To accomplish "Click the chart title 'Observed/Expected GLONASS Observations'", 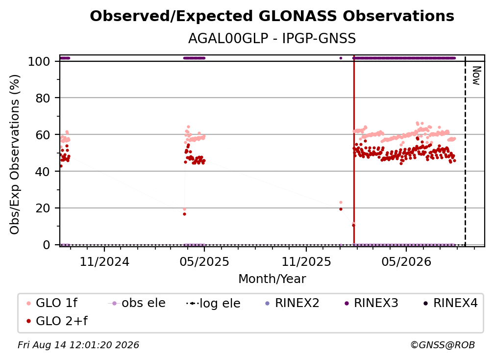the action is tap(272, 16).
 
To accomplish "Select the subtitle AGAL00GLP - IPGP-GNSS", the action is tap(272, 39).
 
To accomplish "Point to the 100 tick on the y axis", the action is tap(39, 61).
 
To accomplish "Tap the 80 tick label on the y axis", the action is tap(43, 98).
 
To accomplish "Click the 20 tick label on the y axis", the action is tap(43, 208).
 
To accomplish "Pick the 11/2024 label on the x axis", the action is tap(104, 261).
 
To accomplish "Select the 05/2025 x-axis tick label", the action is tap(204, 261).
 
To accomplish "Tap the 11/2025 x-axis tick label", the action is tap(306, 261).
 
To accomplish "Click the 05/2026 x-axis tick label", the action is tap(406, 261).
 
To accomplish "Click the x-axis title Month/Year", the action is tap(272, 279).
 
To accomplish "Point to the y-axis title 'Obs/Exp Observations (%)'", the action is tap(15, 154).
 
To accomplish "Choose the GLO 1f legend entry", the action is tap(52, 303).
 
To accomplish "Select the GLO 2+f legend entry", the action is tap(57, 321).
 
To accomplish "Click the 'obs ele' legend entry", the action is tap(137, 303).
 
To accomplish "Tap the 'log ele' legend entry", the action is tap(213, 303).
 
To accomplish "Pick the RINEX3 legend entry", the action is tap(371, 303).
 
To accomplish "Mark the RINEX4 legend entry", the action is tap(450, 303).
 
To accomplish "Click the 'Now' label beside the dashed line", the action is tap(476, 76).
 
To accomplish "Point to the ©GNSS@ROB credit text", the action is tap(443, 345).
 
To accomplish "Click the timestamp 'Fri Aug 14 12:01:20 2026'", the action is tap(78, 345).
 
